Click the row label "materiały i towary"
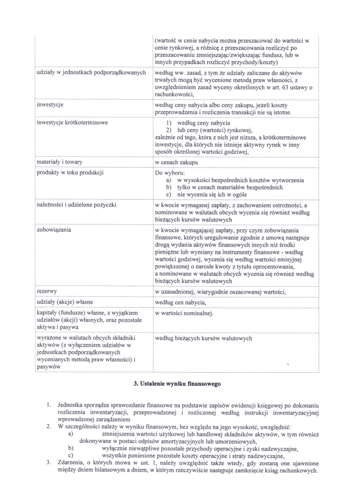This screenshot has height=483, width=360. pyautogui.click(x=59, y=162)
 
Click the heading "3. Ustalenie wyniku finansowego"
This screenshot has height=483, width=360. pyautogui.click(x=177, y=383)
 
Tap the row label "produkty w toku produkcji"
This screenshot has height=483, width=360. pyautogui.click(x=70, y=172)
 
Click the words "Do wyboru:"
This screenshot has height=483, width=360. pyautogui.click(x=170, y=173)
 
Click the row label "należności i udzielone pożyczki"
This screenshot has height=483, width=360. pyautogui.click(x=77, y=205)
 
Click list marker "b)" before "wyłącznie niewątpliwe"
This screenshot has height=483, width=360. pyautogui.click(x=71, y=448)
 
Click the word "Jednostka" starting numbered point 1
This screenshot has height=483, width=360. pyautogui.click(x=72, y=405)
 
